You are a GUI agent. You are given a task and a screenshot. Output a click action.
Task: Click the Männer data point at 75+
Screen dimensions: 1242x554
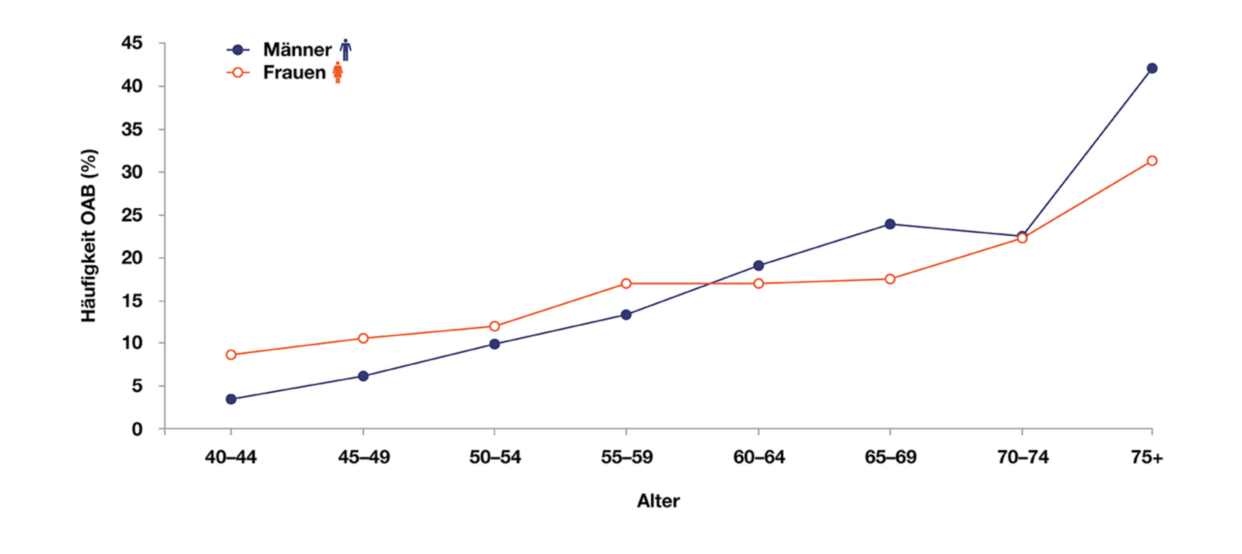pyautogui.click(x=1152, y=68)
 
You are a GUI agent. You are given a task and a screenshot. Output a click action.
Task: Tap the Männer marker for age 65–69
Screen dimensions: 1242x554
pyautogui.click(x=890, y=224)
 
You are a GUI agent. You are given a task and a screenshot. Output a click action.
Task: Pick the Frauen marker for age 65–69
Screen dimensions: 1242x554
pyautogui.click(x=890, y=279)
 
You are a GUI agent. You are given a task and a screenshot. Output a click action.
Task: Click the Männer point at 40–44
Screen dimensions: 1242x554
pyautogui.click(x=231, y=399)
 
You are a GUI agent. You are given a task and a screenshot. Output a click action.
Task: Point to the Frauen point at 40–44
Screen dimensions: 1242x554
pyautogui.click(x=231, y=355)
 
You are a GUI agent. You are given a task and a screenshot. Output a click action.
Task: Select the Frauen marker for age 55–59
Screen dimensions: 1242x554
pyautogui.click(x=626, y=283)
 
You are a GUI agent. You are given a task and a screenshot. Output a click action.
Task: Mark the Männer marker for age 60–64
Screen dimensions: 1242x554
pyautogui.click(x=759, y=266)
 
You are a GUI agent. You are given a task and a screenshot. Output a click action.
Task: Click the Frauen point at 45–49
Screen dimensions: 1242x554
pyautogui.click(x=363, y=338)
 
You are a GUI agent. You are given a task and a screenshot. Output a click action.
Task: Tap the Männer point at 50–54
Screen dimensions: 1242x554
pyautogui.click(x=494, y=344)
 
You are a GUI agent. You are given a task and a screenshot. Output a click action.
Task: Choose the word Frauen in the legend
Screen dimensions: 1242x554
pyautogui.click(x=294, y=72)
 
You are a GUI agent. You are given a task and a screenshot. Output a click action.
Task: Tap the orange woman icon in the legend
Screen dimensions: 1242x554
pyautogui.click(x=338, y=72)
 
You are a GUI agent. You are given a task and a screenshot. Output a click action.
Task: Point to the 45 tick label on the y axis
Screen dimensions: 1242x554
pyautogui.click(x=132, y=43)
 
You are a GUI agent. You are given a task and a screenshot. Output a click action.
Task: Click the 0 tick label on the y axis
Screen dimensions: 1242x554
pyautogui.click(x=138, y=429)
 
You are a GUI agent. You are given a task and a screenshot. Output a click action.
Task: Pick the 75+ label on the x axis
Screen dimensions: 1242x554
pyautogui.click(x=1147, y=457)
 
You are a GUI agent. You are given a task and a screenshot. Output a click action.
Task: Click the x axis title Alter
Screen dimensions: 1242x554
pyautogui.click(x=658, y=501)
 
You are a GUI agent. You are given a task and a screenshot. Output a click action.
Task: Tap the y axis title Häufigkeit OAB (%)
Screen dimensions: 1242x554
pyautogui.click(x=89, y=236)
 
